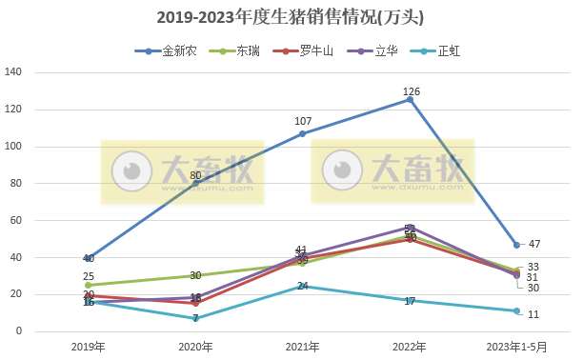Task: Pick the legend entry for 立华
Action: (372, 50)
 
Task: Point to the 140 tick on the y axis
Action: (13, 72)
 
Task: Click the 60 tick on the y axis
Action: (16, 220)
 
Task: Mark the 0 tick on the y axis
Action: (19, 330)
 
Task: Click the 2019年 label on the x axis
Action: (89, 345)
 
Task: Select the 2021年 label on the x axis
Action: (303, 345)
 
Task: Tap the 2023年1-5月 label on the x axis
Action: (516, 345)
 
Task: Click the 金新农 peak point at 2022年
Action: (410, 99)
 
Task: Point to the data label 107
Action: (303, 121)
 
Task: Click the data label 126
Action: (411, 91)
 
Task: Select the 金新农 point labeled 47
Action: (516, 245)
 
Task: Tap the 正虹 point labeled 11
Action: (516, 310)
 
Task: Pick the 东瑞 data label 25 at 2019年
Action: (89, 276)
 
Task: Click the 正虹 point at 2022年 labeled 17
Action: (410, 300)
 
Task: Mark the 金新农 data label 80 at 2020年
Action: (195, 175)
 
